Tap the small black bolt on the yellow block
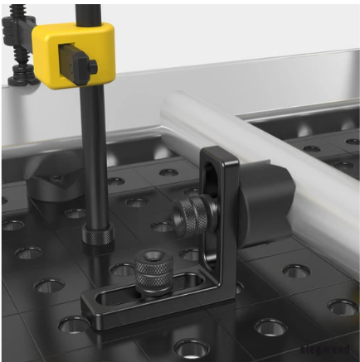93,65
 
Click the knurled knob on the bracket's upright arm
192,217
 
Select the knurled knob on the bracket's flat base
153,274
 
